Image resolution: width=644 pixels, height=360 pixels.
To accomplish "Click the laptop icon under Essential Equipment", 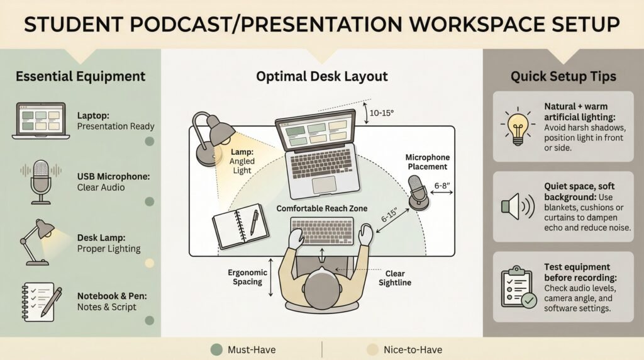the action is click(x=41, y=121).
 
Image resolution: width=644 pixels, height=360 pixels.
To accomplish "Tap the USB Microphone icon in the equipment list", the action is click(x=41, y=182).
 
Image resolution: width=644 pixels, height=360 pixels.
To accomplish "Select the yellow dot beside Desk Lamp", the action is click(x=150, y=263).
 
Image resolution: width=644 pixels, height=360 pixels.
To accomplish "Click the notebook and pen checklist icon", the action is click(x=41, y=302).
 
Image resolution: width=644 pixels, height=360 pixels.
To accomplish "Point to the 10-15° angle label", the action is click(x=382, y=113).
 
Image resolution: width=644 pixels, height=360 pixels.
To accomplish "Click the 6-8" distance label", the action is click(x=442, y=185).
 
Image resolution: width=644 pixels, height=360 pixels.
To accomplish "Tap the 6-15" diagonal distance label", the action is click(x=389, y=215).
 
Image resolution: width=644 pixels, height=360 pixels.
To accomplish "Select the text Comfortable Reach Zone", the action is click(x=321, y=208).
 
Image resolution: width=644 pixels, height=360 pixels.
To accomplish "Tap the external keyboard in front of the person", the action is click(x=322, y=231).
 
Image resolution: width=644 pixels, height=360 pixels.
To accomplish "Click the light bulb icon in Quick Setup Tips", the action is click(x=518, y=127).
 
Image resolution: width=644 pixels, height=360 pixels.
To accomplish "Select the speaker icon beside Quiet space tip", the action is click(x=518, y=206).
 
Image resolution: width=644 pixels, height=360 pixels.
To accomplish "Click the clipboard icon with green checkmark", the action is click(x=519, y=287).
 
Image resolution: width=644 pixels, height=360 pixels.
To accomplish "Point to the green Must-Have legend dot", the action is click(x=216, y=350).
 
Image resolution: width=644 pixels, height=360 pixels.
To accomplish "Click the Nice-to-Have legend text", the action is click(x=413, y=350).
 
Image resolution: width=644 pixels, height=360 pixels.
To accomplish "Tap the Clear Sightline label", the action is click(x=395, y=278).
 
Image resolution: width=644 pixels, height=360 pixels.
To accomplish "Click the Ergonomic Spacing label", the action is click(x=247, y=277).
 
